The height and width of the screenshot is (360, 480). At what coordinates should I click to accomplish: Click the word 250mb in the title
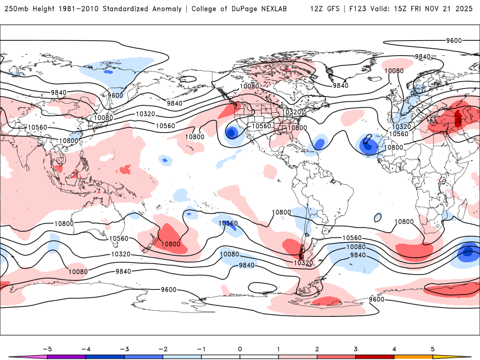pyautogui.click(x=16, y=9)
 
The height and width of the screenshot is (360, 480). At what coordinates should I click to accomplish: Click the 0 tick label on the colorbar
pyautogui.click(x=239, y=348)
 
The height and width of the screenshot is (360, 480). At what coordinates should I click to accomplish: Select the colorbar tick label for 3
pyautogui.click(x=356, y=348)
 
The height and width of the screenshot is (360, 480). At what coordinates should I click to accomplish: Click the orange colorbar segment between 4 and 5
pyautogui.click(x=414, y=357)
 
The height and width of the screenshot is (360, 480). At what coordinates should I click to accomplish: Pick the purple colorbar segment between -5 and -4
pyautogui.click(x=66, y=357)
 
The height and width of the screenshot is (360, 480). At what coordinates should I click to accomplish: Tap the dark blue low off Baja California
pyautogui.click(x=231, y=133)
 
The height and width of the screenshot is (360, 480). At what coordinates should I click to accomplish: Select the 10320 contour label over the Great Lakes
pyautogui.click(x=292, y=112)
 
